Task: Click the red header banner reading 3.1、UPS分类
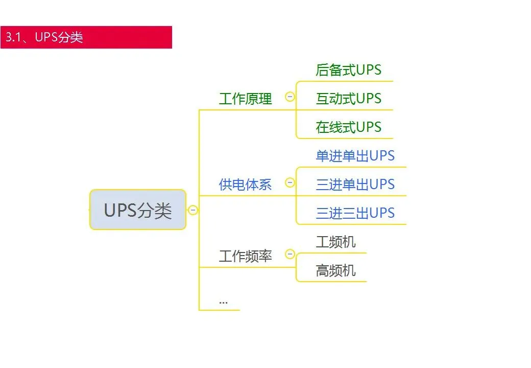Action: [86, 37]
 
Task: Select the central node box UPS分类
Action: [138, 210]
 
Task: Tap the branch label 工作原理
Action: [245, 99]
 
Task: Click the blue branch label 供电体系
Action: [245, 185]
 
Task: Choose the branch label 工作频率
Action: [245, 256]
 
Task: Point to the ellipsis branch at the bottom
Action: [223, 301]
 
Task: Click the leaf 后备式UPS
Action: [348, 70]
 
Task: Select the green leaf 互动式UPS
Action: [348, 99]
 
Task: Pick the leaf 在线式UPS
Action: [348, 127]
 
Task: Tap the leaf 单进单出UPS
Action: [355, 156]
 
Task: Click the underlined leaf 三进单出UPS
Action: [355, 185]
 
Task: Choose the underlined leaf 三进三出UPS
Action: [355, 213]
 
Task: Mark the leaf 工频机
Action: [335, 242]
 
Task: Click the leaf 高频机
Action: [335, 270]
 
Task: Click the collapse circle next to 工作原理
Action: [290, 97]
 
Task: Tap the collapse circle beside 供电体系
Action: [290, 182]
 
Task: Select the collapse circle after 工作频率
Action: [290, 254]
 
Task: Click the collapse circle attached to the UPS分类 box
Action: [193, 210]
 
